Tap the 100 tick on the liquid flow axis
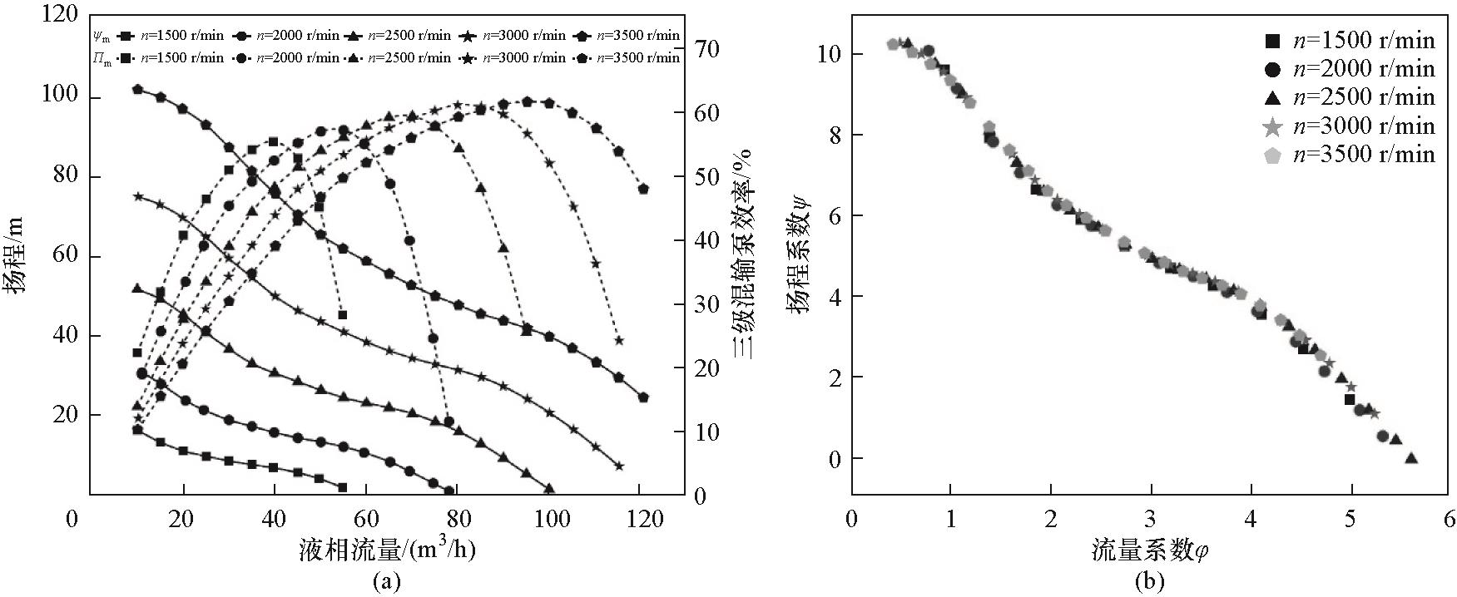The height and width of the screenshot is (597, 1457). click(x=548, y=520)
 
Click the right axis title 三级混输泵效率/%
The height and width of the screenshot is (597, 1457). click(x=743, y=254)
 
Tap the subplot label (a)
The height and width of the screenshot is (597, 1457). click(x=387, y=581)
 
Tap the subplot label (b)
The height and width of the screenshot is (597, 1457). click(x=1152, y=581)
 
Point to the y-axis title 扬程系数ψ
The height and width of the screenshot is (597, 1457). click(x=798, y=254)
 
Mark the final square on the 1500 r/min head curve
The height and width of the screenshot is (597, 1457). click(x=342, y=487)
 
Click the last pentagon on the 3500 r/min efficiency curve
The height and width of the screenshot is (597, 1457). click(x=643, y=190)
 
